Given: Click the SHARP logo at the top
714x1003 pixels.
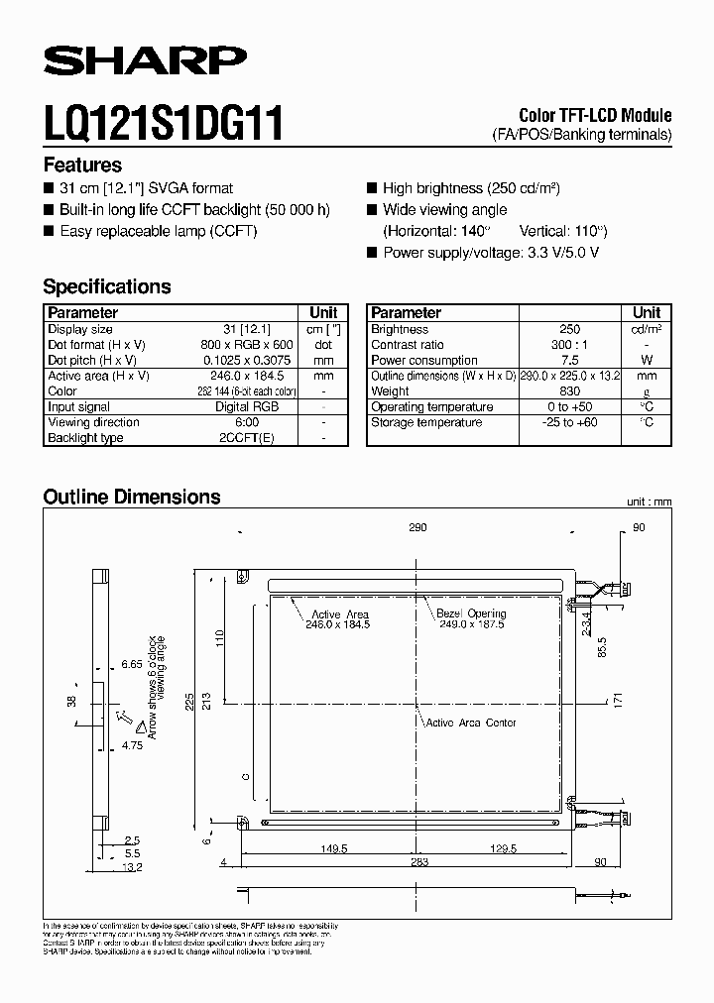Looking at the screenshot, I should click(x=145, y=62).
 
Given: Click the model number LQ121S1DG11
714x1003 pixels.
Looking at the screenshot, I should click(x=164, y=125).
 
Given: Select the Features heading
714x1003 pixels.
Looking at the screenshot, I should click(x=82, y=166).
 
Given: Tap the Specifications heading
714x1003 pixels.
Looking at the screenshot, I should click(x=107, y=286).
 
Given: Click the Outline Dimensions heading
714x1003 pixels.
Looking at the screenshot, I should click(x=132, y=497).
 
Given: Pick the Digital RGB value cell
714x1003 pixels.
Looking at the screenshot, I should click(x=247, y=406).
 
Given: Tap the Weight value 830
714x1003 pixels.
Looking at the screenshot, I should click(x=569, y=391).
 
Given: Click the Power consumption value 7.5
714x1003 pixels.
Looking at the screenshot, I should click(x=569, y=360).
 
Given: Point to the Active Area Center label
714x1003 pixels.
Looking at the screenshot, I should click(x=470, y=723).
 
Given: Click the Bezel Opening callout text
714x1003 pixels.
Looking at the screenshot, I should click(x=471, y=619).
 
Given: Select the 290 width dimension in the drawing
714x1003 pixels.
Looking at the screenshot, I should click(x=416, y=528).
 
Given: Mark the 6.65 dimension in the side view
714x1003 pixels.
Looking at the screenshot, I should click(x=132, y=663).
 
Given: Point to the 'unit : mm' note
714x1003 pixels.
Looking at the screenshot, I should click(x=649, y=502).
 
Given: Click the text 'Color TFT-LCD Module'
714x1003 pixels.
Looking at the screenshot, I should click(x=595, y=115).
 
